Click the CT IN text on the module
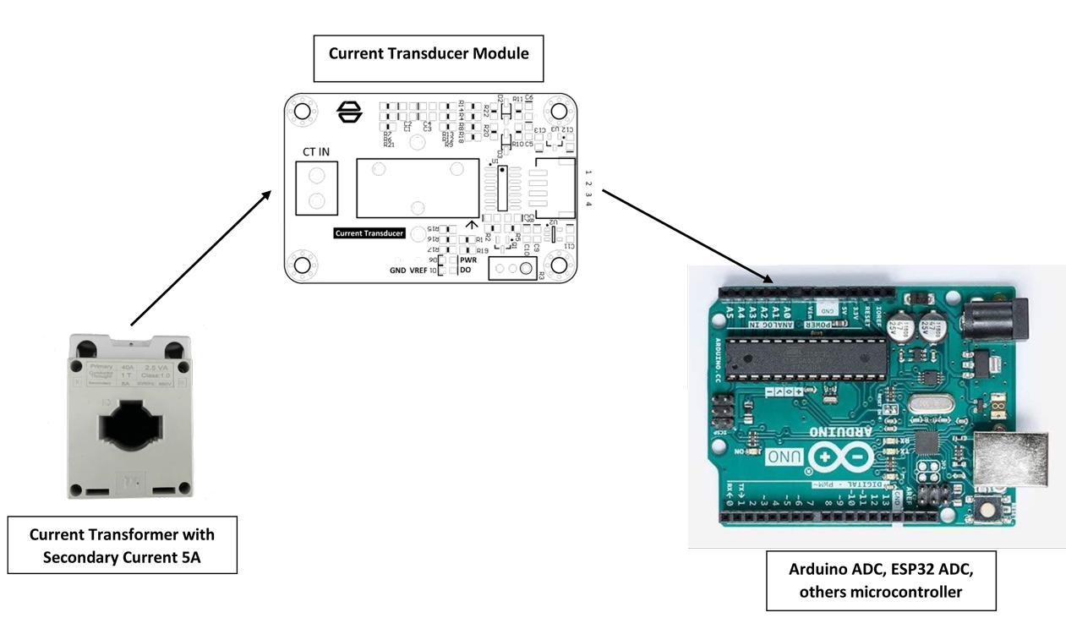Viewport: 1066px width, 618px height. pos(316,151)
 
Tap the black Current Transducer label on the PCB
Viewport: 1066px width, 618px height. pos(369,232)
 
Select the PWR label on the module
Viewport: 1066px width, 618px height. pos(468,260)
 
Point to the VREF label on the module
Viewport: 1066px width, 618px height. pos(418,271)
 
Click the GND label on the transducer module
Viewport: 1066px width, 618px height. pos(397,271)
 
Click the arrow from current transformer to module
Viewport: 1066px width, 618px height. pos(200,258)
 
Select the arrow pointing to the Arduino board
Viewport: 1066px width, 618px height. pos(686,237)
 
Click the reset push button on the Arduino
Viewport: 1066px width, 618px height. pos(986,510)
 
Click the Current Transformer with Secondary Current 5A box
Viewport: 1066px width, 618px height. pos(123,545)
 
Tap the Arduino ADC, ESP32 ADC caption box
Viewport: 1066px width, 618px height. pos(881,581)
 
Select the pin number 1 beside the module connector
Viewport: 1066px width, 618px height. pos(588,172)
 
